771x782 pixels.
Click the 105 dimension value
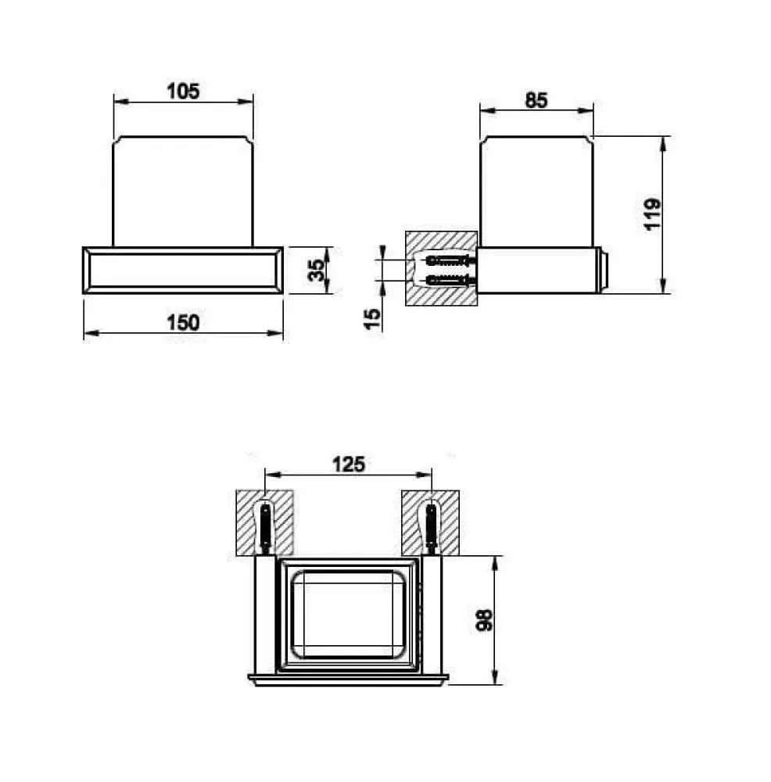point(182,91)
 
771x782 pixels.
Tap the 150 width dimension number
point(183,323)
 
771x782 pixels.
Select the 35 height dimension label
point(316,270)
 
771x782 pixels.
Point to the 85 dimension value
point(536,100)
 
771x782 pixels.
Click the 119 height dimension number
point(652,214)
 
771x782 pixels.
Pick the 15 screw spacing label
point(372,319)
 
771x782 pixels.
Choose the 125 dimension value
point(349,465)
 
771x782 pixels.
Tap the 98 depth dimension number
point(485,620)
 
